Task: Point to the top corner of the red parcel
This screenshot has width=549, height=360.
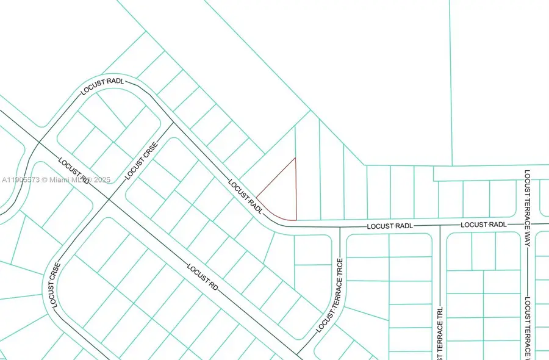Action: point(296,158)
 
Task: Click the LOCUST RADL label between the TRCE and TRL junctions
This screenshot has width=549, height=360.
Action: point(390,226)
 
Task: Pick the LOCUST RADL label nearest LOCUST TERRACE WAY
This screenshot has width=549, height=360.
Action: point(484,225)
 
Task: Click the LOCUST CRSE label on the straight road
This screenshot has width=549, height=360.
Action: point(142,161)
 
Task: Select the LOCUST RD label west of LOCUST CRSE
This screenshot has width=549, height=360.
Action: point(74,171)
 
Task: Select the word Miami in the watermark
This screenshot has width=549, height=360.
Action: point(63,180)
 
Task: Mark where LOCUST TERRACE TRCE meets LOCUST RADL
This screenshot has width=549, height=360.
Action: point(340,227)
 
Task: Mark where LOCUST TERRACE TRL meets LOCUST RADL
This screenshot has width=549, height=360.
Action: point(440,226)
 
